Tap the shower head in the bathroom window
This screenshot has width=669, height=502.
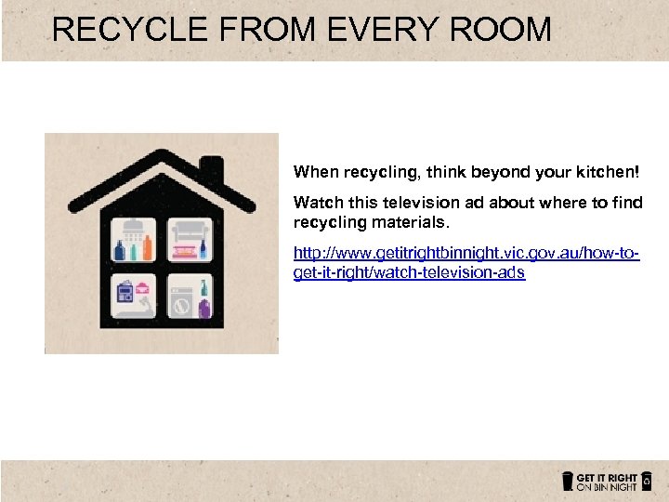tap(136, 229)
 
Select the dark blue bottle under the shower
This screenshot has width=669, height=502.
tap(120, 251)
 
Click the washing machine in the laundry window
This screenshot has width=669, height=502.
tap(184, 302)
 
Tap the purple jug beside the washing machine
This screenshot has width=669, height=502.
tap(204, 306)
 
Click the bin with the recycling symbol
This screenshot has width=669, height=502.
tap(647, 481)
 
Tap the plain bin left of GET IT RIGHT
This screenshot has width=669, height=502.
tap(567, 481)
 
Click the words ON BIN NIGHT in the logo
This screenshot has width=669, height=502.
tap(607, 486)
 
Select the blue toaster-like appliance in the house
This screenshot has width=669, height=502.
tap(124, 296)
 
